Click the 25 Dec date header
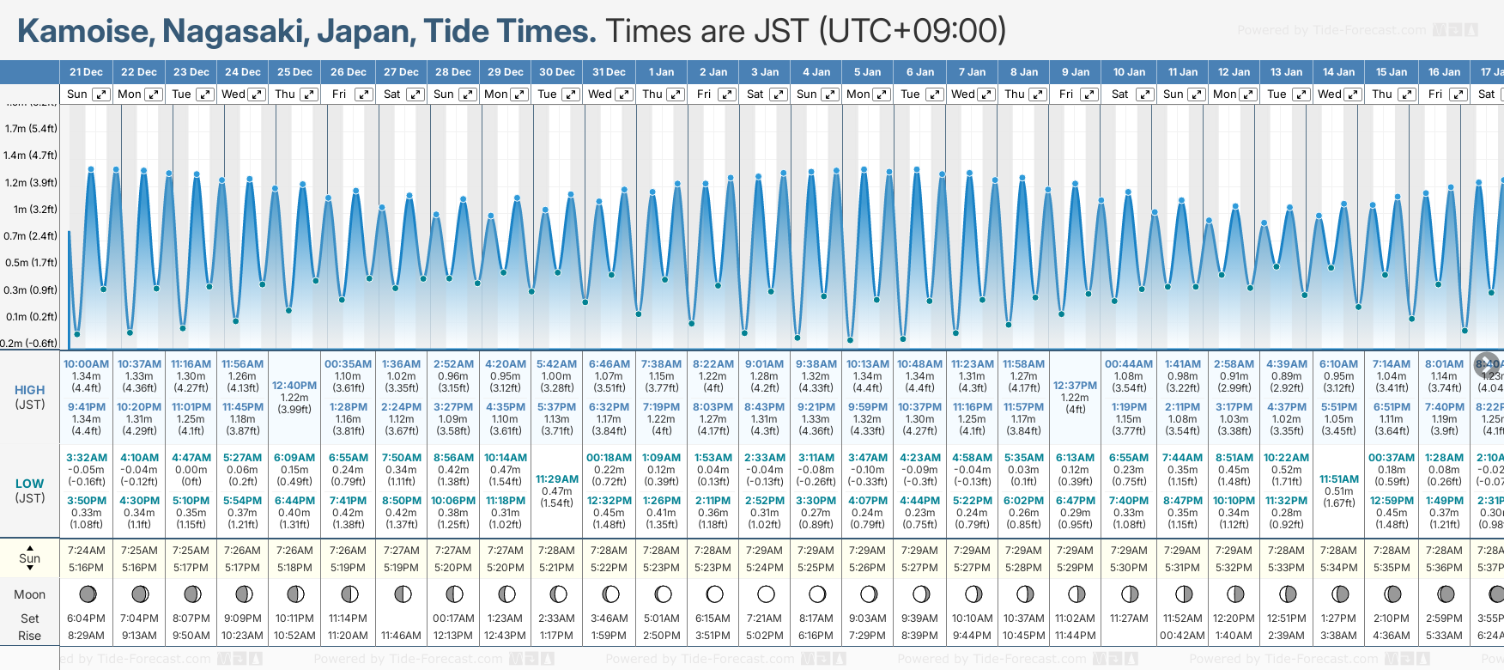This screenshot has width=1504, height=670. click(294, 72)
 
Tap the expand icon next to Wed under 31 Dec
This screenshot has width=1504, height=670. click(624, 94)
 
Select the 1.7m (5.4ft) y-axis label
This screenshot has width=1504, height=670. click(31, 129)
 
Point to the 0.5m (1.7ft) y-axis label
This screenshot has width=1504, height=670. click(31, 263)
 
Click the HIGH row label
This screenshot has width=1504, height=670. click(30, 390)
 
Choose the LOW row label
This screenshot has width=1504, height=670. click(30, 484)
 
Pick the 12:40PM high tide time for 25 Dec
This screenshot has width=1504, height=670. click(294, 386)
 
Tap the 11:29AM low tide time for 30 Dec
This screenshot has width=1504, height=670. click(557, 479)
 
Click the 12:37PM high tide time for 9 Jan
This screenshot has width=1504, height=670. click(1075, 386)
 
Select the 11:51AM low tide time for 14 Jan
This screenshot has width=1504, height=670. click(1339, 479)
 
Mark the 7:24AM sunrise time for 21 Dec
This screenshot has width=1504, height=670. click(86, 551)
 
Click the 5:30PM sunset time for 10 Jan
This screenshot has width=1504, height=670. click(1128, 568)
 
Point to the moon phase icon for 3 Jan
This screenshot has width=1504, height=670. click(766, 594)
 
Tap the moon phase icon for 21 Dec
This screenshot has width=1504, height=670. click(87, 594)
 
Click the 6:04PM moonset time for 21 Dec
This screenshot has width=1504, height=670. click(86, 618)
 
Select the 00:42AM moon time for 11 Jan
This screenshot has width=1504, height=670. click(1181, 636)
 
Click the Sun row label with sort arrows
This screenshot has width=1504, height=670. click(30, 558)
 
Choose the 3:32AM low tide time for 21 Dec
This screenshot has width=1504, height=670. click(87, 458)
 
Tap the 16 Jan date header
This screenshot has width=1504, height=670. click(1445, 72)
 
